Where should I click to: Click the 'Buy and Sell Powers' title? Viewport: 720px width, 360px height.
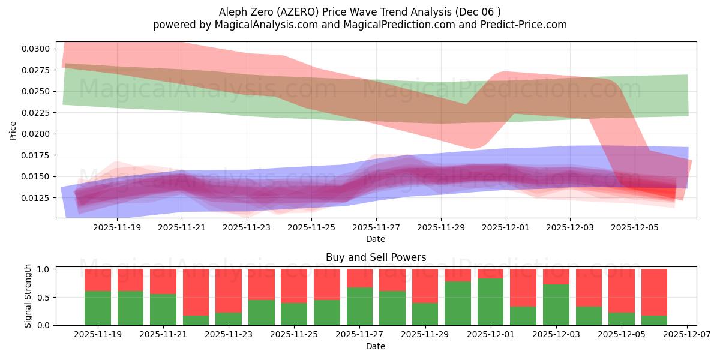pyautogui.click(x=376, y=257)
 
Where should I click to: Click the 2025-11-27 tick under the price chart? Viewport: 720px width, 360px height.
pyautogui.click(x=376, y=228)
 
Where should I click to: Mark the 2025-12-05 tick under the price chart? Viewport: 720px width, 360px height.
pyautogui.click(x=635, y=228)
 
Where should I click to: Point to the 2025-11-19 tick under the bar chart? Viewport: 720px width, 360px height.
pyautogui.click(x=98, y=335)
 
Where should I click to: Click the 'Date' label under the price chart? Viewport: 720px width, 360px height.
pyautogui.click(x=376, y=239)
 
